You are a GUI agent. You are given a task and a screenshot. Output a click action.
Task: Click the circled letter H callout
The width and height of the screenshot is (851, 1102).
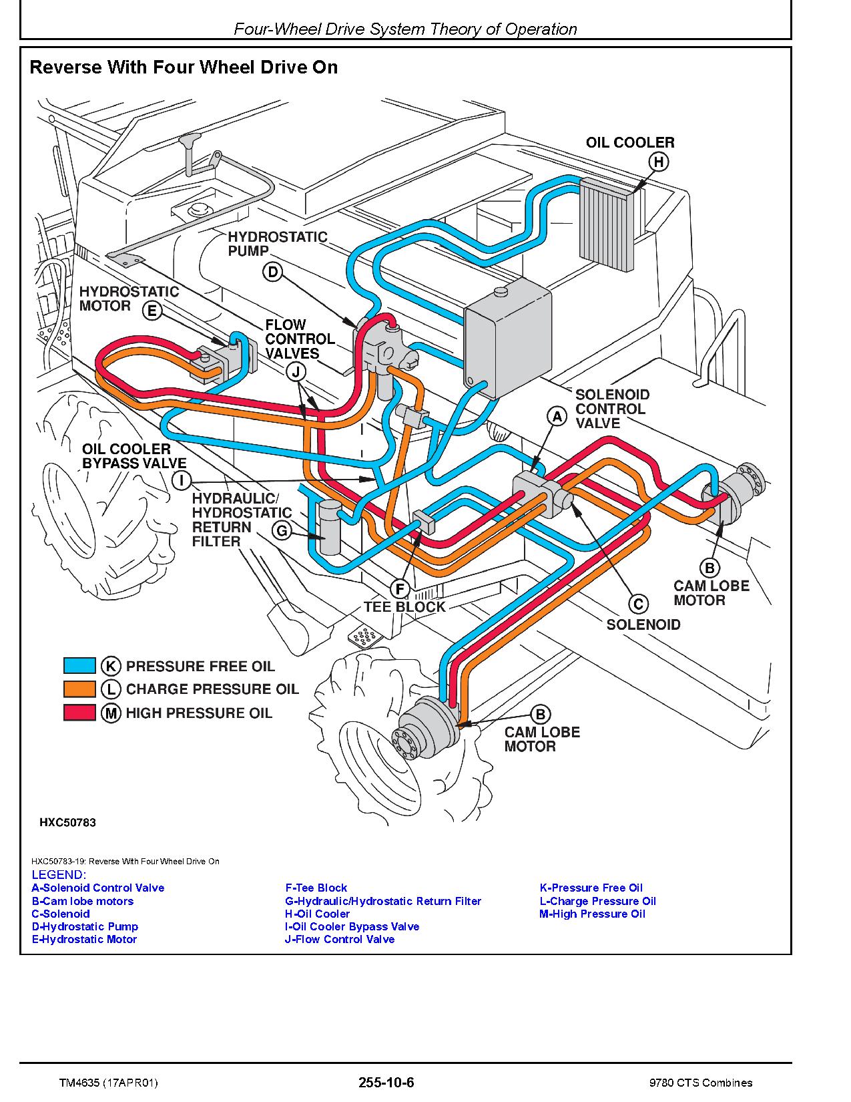(659, 162)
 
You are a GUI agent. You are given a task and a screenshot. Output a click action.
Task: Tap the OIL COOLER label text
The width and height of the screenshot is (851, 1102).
(629, 142)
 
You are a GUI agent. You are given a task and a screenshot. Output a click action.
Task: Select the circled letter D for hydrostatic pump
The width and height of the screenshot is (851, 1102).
(272, 272)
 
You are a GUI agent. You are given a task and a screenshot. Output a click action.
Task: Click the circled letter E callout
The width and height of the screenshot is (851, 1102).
(153, 310)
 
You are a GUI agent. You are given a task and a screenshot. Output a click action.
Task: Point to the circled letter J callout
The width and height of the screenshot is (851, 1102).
(296, 372)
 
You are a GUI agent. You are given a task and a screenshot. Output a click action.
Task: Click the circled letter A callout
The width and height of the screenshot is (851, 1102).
(557, 417)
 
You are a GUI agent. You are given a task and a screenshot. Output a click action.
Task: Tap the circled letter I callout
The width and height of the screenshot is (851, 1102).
(181, 480)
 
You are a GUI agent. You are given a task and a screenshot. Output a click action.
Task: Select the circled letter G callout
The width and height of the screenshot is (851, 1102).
(282, 531)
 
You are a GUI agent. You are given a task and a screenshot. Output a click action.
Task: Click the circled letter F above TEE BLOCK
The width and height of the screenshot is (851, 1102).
(400, 588)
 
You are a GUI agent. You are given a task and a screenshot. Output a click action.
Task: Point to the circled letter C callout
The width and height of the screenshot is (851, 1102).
(639, 604)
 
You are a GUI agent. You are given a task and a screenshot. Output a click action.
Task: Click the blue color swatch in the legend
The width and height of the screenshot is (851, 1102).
(79, 666)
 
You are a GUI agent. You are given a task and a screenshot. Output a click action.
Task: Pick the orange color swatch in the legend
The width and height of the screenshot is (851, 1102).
(79, 689)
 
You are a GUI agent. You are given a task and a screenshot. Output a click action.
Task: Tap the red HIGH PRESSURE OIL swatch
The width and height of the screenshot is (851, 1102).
(79, 713)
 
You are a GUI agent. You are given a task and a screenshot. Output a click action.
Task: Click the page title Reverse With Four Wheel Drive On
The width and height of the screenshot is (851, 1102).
(184, 67)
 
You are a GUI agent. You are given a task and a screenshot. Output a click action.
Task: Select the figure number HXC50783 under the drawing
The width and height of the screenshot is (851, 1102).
(67, 822)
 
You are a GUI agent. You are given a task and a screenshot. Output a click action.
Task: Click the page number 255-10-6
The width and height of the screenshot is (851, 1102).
(386, 1082)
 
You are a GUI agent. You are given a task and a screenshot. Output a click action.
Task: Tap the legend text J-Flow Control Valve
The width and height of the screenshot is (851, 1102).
(340, 939)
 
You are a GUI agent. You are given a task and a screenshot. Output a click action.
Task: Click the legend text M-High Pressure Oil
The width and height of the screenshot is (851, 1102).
(592, 914)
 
